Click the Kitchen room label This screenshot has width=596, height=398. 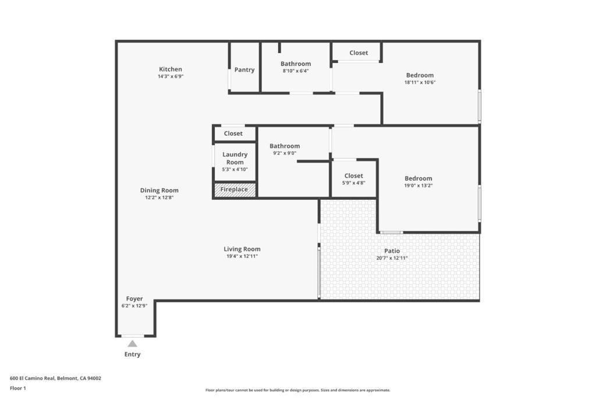point(171,69)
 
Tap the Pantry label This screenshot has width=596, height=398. point(244,69)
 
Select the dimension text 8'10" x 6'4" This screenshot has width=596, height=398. point(295,71)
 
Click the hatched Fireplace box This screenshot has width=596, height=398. point(235,189)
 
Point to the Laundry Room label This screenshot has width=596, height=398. point(235,159)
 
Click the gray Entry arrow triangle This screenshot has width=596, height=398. point(132,344)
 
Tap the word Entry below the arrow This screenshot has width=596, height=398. point(132,354)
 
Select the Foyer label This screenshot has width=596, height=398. point(134,299)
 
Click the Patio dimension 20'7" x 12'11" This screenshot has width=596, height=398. point(392,258)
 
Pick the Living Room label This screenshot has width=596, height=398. point(242,249)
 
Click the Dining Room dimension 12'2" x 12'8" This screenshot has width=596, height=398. point(159,198)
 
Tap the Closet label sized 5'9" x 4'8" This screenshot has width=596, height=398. point(353,176)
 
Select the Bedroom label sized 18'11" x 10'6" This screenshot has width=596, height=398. point(420,75)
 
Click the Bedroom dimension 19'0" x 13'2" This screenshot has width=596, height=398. point(418,186)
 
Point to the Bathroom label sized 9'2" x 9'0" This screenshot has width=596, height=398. point(285,146)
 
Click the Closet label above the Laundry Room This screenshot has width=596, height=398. point(233,133)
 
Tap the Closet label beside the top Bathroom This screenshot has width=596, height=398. point(359,53)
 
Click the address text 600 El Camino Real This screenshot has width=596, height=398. point(33,378)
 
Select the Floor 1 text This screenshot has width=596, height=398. point(18,389)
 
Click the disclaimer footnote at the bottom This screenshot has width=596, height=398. point(298,390)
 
